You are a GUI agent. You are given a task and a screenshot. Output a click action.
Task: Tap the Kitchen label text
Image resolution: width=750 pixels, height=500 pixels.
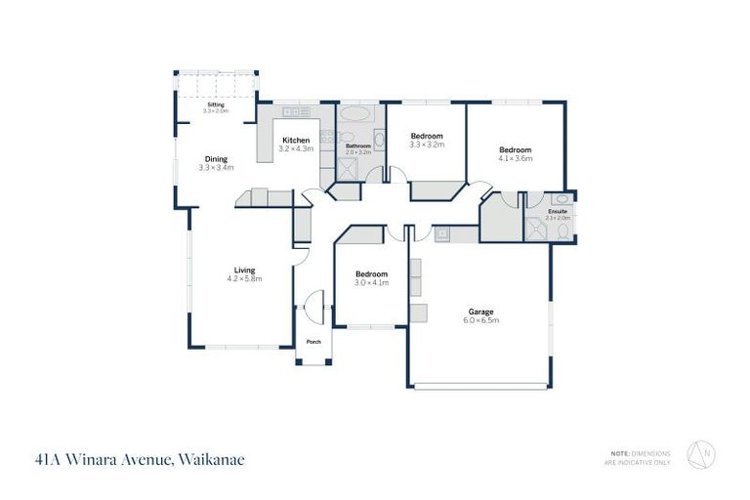[x=296, y=140]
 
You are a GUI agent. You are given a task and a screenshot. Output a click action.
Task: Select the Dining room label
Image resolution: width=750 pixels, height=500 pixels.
[x=216, y=159]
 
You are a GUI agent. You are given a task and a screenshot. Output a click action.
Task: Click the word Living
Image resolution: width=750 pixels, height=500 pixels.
[x=244, y=271]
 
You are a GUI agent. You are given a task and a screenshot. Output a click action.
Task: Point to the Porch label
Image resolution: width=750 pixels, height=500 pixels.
[x=313, y=342]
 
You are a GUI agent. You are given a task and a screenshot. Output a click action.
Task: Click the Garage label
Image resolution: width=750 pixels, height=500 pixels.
[x=479, y=312]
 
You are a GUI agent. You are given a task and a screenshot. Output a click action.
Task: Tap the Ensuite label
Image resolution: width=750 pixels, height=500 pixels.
[x=558, y=211]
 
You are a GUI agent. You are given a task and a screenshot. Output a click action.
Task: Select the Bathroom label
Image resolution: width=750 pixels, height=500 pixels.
[x=358, y=146]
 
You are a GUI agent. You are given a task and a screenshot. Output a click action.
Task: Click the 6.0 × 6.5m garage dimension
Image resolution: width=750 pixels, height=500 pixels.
[x=479, y=320]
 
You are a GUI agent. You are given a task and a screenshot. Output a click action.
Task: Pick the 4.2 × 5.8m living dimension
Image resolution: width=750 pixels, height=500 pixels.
[x=244, y=279]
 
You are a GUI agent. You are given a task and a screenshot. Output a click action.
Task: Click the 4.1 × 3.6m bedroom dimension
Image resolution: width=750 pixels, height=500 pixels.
[x=515, y=158]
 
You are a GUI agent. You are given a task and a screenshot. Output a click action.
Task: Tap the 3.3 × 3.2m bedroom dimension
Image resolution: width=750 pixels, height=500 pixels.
[x=427, y=145]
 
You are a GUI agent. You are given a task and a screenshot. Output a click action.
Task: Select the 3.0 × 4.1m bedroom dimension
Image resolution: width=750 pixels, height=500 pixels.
[x=371, y=282]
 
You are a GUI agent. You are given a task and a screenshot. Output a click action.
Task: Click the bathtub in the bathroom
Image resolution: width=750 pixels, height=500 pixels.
[x=355, y=114]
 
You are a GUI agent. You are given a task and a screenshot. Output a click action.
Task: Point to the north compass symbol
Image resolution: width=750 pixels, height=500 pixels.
[x=700, y=456]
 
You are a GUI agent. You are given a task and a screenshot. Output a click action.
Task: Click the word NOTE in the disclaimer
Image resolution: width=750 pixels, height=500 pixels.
[x=618, y=452]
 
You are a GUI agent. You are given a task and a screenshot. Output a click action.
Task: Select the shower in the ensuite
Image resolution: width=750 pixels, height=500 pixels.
[x=536, y=230]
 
